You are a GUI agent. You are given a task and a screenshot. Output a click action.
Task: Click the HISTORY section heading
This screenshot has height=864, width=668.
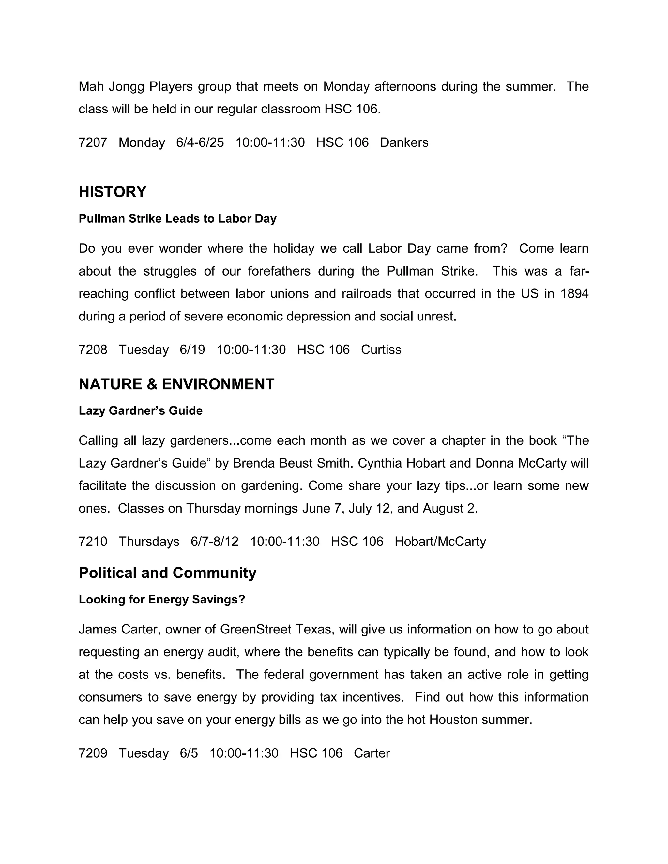[113, 192]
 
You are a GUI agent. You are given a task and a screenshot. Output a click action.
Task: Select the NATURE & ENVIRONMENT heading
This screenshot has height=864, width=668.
[176, 384]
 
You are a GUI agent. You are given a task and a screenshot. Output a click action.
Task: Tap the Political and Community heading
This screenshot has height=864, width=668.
[167, 573]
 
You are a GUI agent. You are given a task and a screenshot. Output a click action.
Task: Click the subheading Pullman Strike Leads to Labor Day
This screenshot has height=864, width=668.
[177, 219]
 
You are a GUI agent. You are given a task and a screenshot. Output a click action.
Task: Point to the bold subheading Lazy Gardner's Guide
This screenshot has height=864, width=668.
[141, 410]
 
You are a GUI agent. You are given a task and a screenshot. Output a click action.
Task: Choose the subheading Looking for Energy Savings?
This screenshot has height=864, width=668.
[162, 599]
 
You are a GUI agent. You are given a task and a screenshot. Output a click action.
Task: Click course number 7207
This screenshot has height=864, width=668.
[93, 142]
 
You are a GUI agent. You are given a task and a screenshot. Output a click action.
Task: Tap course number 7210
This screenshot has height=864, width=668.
[93, 541]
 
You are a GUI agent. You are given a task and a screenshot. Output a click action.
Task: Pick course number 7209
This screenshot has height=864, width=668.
[93, 753]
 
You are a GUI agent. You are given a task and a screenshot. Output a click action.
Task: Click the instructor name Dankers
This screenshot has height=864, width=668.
[404, 142]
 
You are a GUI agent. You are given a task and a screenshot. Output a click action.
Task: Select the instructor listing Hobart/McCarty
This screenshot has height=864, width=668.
[440, 541]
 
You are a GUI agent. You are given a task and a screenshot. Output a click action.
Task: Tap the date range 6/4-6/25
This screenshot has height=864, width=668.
[200, 142]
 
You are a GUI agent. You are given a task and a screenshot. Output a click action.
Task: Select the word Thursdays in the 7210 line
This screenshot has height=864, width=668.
[149, 541]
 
